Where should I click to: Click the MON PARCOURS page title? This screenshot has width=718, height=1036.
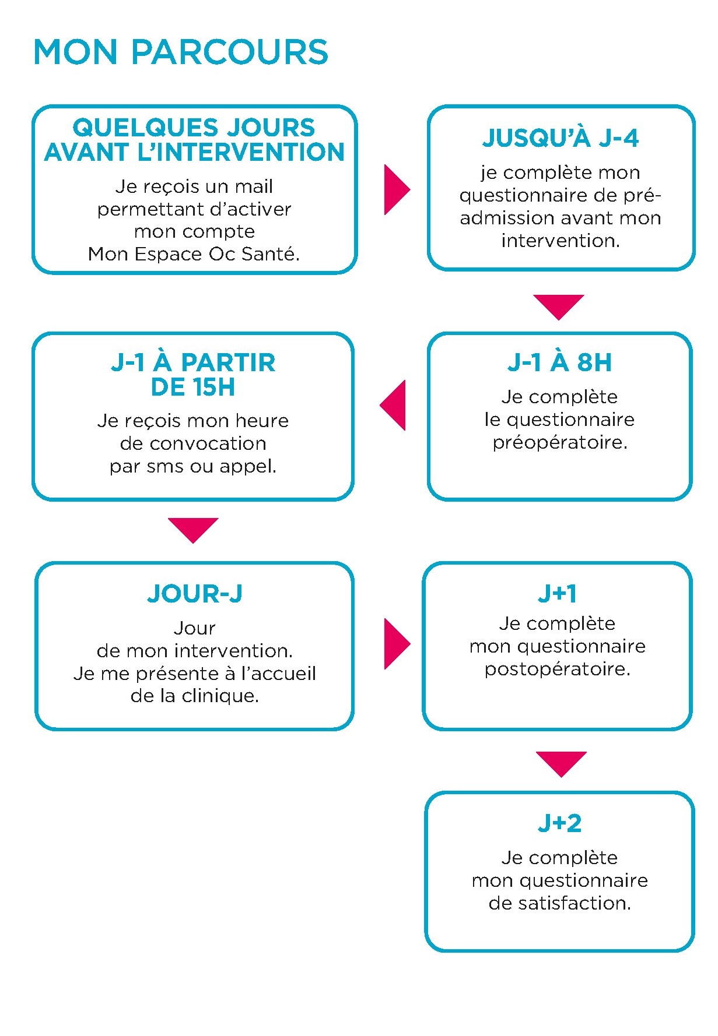coord(181,52)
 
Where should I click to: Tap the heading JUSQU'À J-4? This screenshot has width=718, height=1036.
coord(561,138)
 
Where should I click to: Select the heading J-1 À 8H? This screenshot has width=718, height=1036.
coord(560,362)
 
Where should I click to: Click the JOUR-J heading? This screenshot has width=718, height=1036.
coord(194,594)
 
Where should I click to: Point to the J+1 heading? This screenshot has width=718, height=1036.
coord(558,594)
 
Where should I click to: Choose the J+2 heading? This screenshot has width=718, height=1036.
coord(560,823)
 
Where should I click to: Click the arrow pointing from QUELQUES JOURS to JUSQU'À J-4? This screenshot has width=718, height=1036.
coord(397,189)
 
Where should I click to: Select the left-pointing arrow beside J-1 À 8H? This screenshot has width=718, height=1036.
coord(393,406)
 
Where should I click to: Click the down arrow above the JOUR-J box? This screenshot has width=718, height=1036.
coord(193,530)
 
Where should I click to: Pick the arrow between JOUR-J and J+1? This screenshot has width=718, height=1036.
coord(397,644)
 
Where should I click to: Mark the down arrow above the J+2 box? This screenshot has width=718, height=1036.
coord(561,764)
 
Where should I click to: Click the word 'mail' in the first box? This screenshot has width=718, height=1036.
coord(254,186)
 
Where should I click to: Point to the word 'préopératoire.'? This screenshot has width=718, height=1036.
coord(560,443)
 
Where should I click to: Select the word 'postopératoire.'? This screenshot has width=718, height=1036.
coord(558,669)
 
